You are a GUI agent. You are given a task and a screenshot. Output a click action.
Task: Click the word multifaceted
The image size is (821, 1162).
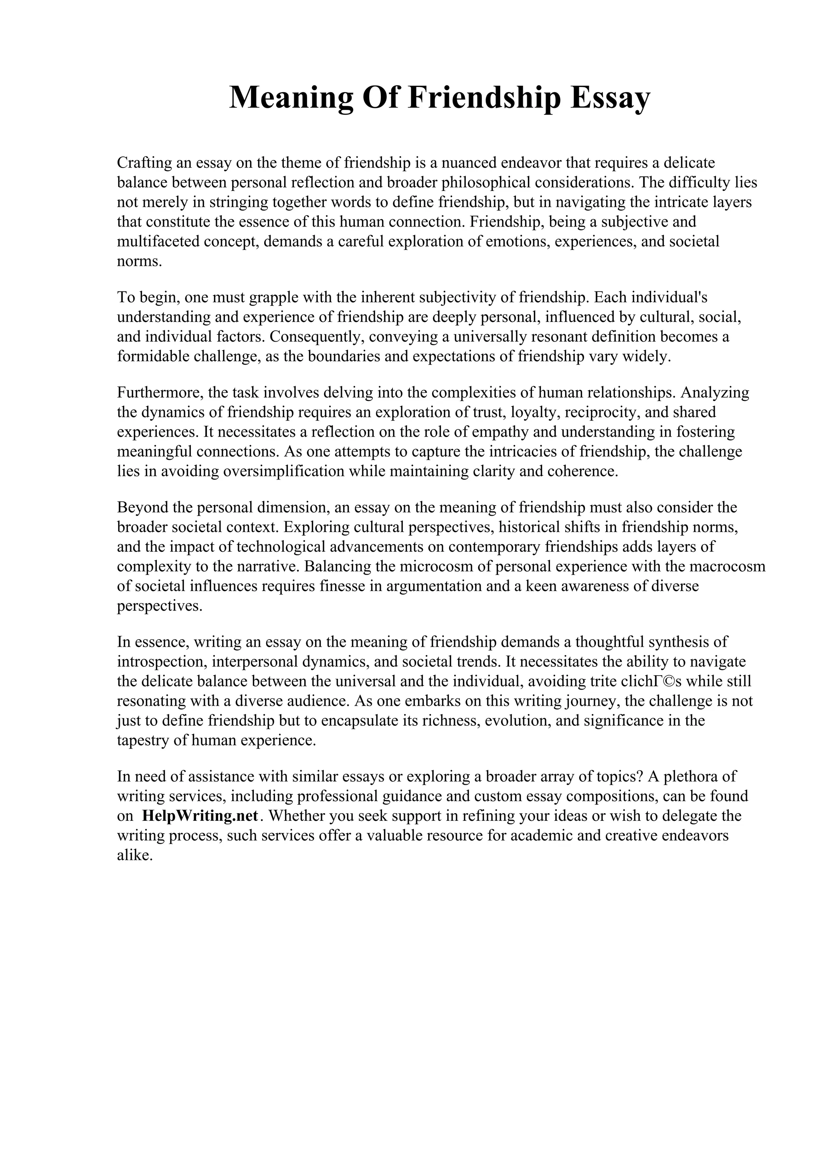pos(158,241)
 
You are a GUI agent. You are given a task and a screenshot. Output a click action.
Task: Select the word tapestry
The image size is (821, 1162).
pos(143,741)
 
